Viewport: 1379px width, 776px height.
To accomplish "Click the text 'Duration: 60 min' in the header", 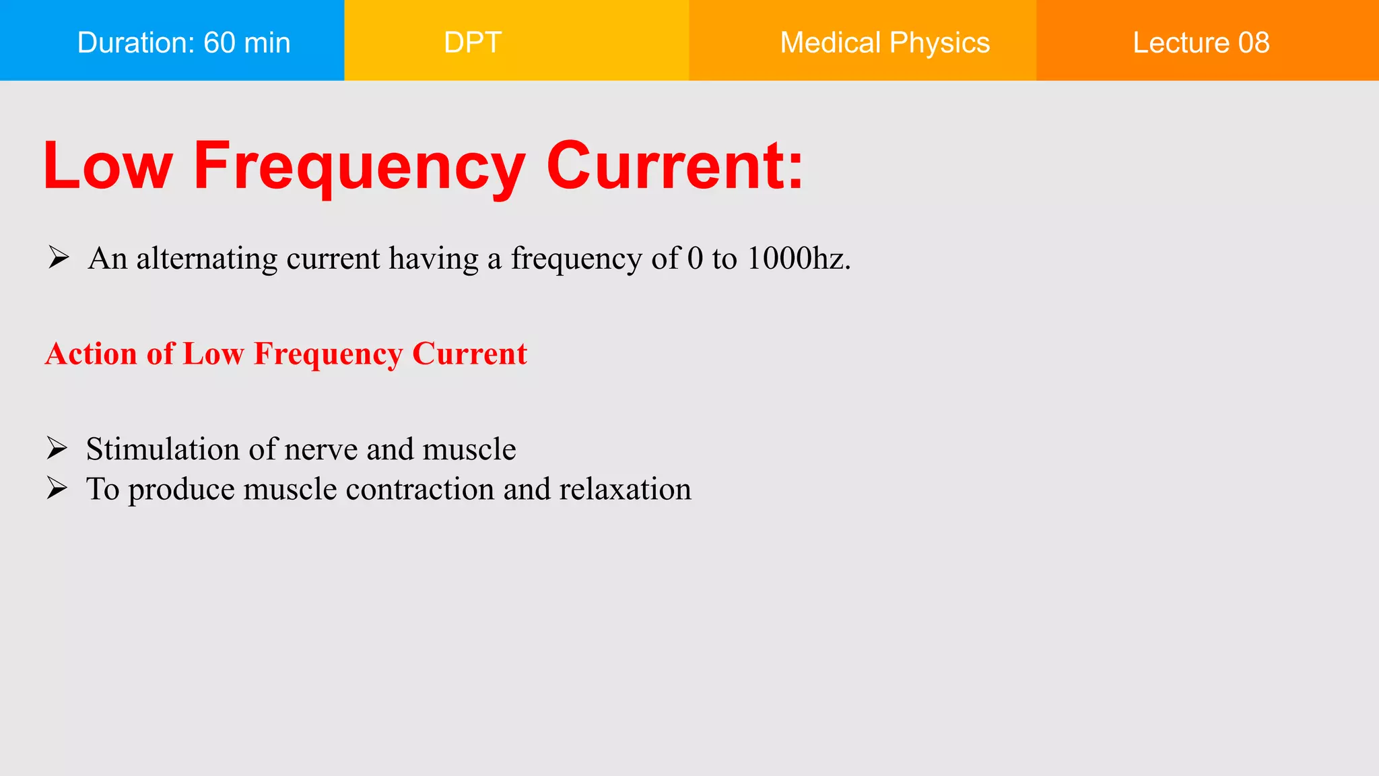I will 183,42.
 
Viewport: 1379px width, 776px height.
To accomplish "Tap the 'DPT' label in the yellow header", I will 473,42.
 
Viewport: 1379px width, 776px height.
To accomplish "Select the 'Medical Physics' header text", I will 884,42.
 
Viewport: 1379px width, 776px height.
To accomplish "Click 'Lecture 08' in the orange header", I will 1201,42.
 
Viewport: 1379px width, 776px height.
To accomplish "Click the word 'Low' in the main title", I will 108,166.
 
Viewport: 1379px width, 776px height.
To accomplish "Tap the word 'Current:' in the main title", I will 675,166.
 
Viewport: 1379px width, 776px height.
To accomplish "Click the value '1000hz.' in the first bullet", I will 799,259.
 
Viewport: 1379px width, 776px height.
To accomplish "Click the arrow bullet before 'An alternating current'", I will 59,257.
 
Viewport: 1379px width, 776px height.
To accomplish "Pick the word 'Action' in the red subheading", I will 91,354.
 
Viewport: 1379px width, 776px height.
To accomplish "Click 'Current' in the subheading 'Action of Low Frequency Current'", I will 469,354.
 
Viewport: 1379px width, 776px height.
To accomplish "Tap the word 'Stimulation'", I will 162,449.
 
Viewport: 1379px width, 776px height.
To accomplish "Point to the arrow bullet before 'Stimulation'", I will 57,448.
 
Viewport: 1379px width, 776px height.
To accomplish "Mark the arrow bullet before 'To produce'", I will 57,488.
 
